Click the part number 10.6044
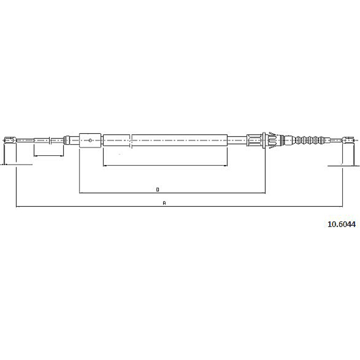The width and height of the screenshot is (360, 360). point(341,224)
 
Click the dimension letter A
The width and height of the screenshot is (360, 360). point(164,203)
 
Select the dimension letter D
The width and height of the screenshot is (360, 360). point(158,190)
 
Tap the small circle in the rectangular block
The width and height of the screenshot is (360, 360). point(90,140)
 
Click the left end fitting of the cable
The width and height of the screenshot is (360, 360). point(10,140)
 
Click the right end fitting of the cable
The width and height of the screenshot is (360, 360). point(348,140)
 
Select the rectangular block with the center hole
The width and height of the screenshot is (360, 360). point(90,140)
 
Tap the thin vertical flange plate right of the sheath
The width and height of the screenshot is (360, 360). point(264,140)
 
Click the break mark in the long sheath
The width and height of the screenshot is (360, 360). point(131,140)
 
